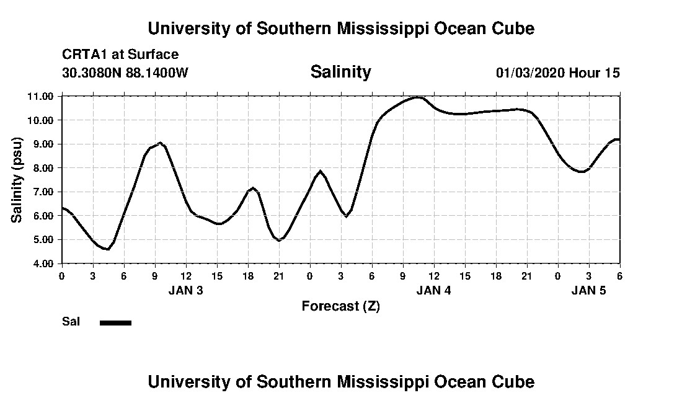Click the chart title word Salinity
pos(340,72)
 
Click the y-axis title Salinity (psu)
pos(17,180)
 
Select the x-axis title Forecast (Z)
pos(340,306)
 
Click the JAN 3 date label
pos(185,290)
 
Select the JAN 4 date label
pos(433,290)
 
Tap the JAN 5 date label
pos(588,290)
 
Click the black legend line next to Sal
pos(115,322)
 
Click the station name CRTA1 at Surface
pos(120,55)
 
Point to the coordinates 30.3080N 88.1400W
pos(125,73)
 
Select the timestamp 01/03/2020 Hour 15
pos(557,73)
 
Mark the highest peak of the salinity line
pos(418,97)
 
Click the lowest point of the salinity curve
pos(108,249)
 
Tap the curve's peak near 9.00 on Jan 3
pos(160,143)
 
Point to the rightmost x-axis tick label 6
pos(619,275)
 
